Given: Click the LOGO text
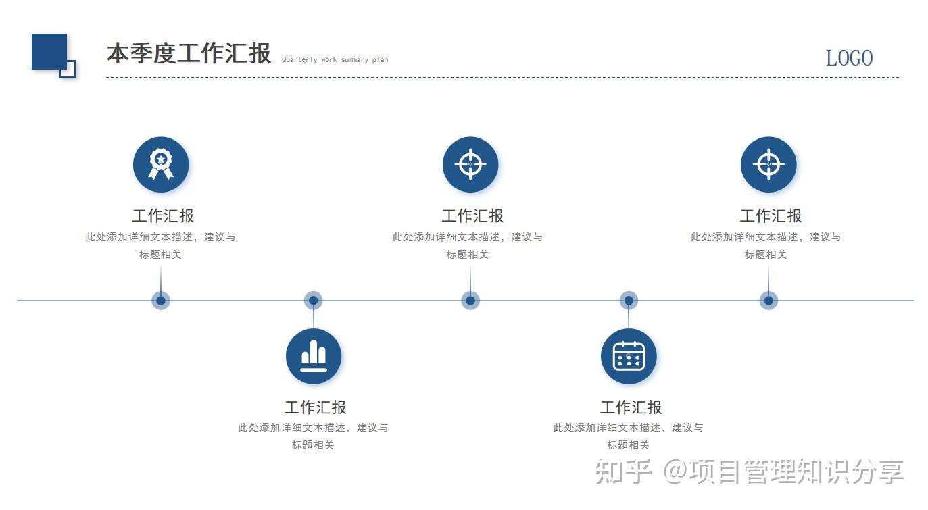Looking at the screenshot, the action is click(850, 58).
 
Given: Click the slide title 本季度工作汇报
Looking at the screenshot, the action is click(189, 53).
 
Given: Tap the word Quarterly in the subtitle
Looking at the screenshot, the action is click(299, 59).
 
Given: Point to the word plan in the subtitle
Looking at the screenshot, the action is click(380, 59).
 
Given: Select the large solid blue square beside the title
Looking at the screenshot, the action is click(49, 51).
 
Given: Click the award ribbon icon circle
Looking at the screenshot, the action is click(161, 164).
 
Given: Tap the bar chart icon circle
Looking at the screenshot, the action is click(314, 356).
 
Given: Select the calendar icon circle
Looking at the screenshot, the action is click(629, 356).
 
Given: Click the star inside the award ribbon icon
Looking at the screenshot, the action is click(161, 159).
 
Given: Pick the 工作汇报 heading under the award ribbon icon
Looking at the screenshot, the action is click(163, 215).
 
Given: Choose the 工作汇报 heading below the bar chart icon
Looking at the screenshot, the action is click(315, 407).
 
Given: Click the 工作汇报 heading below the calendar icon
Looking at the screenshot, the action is click(631, 407).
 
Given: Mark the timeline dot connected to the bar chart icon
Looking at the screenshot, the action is click(313, 300).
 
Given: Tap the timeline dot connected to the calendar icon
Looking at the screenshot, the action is click(629, 300).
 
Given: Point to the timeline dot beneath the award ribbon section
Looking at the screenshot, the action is click(161, 300).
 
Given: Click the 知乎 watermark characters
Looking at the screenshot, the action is click(623, 471).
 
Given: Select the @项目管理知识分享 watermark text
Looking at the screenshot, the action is click(783, 471).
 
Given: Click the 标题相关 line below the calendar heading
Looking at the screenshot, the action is click(628, 445).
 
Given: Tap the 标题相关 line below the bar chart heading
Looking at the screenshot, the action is click(313, 445).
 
